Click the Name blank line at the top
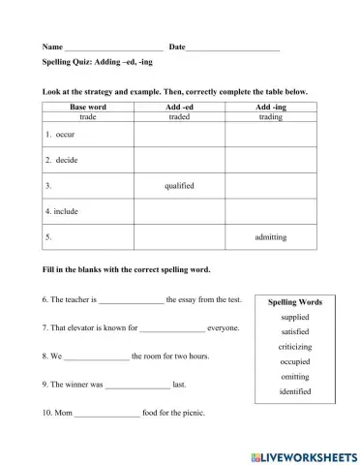(x=113, y=47)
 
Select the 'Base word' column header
(x=87, y=106)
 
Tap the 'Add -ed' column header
(x=179, y=106)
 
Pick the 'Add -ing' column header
(x=271, y=106)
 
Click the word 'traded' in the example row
(x=179, y=115)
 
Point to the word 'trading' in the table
(x=271, y=115)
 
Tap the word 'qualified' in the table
(x=179, y=184)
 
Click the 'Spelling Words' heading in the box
(x=295, y=302)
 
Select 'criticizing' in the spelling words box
(x=295, y=346)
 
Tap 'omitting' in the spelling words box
(x=295, y=376)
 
